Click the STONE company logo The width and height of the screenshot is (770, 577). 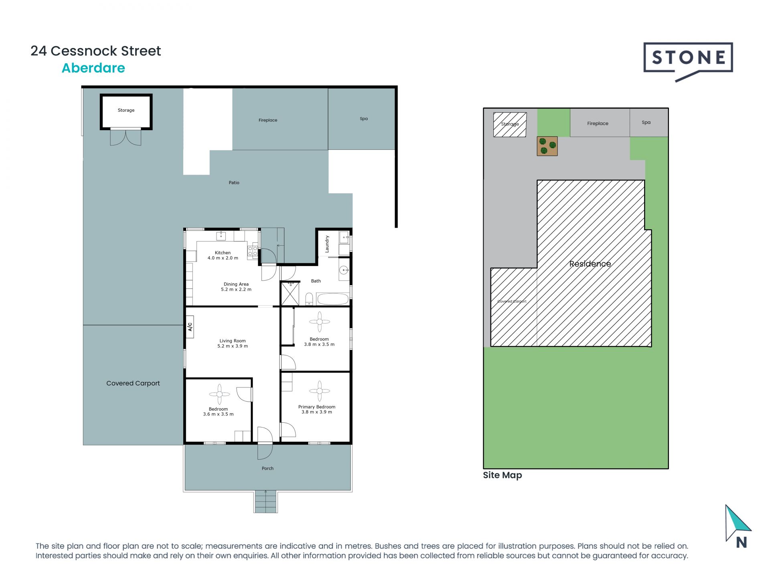[x=688, y=60]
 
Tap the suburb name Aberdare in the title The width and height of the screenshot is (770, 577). [x=93, y=68]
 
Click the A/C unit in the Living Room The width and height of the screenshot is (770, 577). [x=190, y=327]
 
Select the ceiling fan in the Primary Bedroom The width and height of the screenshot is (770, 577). [x=319, y=391]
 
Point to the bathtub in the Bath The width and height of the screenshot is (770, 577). [x=332, y=299]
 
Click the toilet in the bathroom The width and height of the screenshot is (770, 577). [x=309, y=299]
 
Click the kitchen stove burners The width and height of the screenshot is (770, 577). [x=253, y=251]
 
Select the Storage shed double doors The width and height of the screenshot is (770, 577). [x=126, y=137]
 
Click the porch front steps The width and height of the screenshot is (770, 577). [x=265, y=502]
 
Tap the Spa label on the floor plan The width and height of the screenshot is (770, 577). [x=364, y=119]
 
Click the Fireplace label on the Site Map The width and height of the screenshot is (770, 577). [x=598, y=123]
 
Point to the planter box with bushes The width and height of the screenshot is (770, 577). [x=547, y=146]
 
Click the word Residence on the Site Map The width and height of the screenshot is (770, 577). [x=590, y=264]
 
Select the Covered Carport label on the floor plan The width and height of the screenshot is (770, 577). [x=133, y=383]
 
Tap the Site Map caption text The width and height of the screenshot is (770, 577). [x=502, y=475]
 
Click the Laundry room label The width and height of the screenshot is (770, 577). [x=327, y=244]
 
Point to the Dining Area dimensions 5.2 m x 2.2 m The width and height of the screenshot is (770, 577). [x=236, y=289]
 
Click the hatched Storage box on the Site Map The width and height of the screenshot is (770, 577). [x=510, y=124]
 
